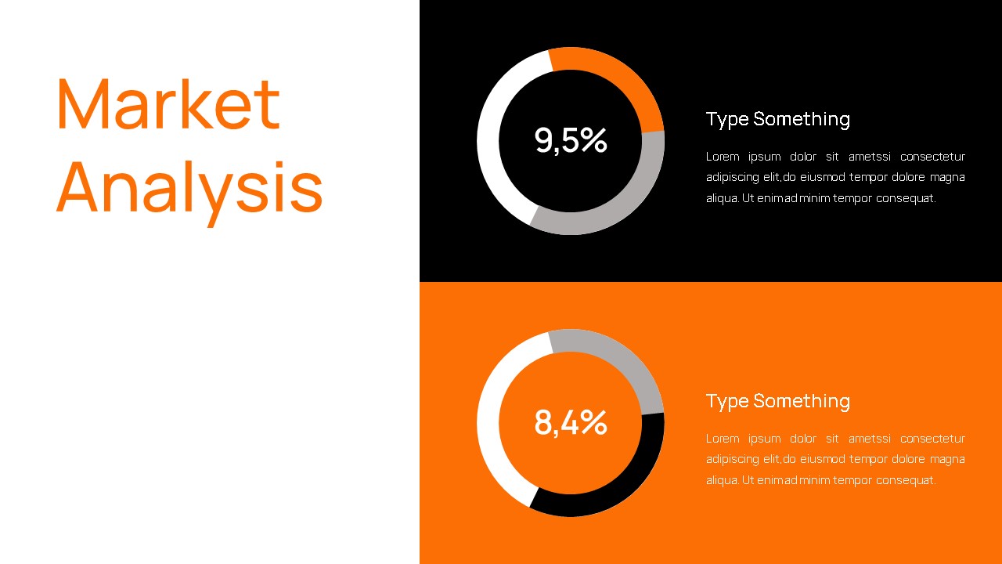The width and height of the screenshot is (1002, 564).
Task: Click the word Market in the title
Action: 168,103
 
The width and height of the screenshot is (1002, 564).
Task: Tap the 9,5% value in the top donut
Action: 571,140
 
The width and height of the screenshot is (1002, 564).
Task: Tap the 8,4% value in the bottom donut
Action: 571,422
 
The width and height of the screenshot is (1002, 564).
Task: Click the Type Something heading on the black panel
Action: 777,119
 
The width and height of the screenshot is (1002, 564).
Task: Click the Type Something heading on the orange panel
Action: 777,401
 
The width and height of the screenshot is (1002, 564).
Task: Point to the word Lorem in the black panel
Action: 723,157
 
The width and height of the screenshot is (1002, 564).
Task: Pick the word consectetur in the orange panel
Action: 932,439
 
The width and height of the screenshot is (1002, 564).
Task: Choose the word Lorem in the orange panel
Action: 723,439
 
